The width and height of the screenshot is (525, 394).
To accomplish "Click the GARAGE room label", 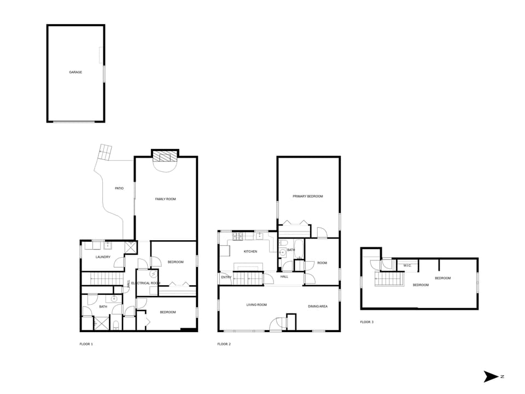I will pyautogui.click(x=75, y=72).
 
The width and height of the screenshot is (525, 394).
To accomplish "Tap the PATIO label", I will pyautogui.click(x=119, y=188).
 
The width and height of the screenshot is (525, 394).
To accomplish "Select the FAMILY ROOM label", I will pyautogui.click(x=166, y=199).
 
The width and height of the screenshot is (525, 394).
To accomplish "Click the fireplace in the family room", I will pyautogui.click(x=165, y=157).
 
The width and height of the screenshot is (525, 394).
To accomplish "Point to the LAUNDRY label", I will pyautogui.click(x=103, y=257).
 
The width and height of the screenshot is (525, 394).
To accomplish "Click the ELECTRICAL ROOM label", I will pyautogui.click(x=145, y=283).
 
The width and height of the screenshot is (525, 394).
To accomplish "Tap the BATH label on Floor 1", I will pyautogui.click(x=103, y=307).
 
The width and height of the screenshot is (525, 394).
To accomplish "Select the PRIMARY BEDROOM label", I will pyautogui.click(x=307, y=196).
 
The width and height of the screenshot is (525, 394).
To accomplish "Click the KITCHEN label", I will pyautogui.click(x=250, y=252).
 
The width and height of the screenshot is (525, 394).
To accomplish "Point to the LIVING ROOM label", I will pyautogui.click(x=256, y=305).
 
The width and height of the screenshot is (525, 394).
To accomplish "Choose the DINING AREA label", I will pyautogui.click(x=317, y=306).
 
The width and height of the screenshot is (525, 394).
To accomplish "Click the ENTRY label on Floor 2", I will pyautogui.click(x=226, y=277).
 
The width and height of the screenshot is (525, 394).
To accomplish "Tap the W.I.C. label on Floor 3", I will pyautogui.click(x=407, y=266).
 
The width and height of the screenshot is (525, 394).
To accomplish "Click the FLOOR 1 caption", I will pyautogui.click(x=86, y=344).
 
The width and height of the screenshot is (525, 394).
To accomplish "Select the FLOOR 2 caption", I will pyautogui.click(x=224, y=344).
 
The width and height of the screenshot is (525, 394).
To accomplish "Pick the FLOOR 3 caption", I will pyautogui.click(x=366, y=322).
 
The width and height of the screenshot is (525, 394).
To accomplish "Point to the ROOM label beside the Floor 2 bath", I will pyautogui.click(x=322, y=263).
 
